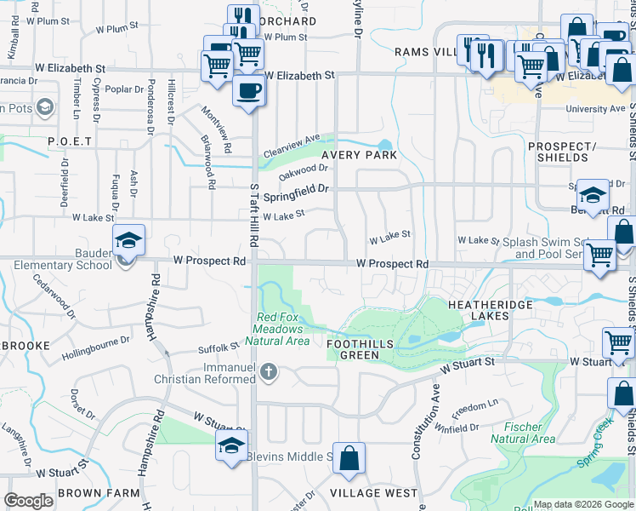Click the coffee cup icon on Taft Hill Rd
(247, 90)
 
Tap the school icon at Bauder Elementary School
(128, 240)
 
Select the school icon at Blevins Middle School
(231, 445)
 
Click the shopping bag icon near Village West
(349, 458)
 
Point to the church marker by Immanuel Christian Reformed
(269, 371)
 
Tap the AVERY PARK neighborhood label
(359, 156)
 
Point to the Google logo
(28, 501)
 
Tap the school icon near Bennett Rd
(593, 194)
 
